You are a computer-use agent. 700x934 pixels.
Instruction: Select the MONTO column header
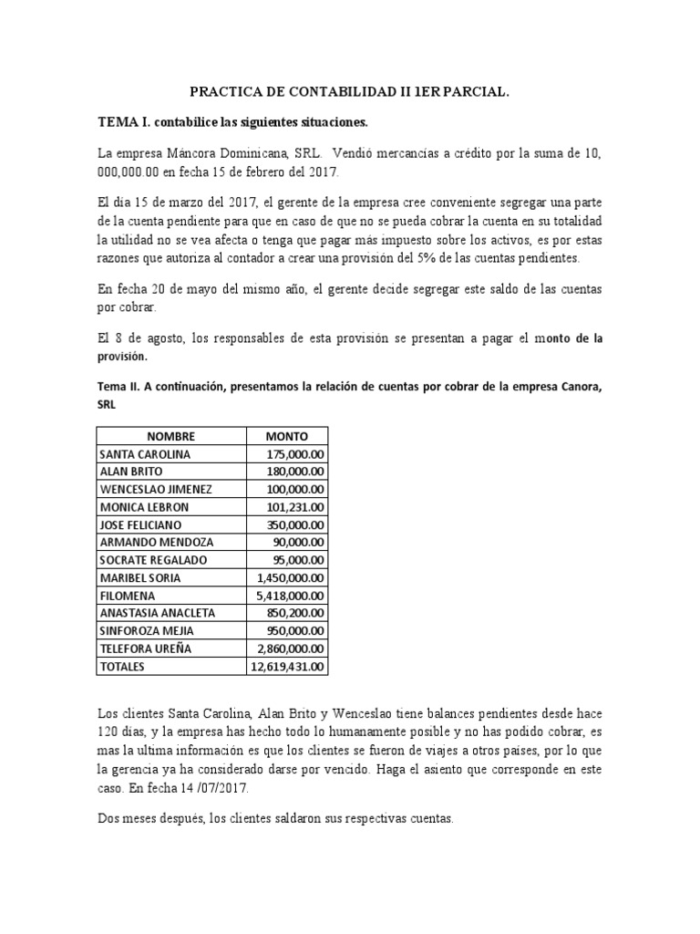tap(286, 436)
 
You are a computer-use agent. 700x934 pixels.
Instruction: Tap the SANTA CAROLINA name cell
tap(145, 453)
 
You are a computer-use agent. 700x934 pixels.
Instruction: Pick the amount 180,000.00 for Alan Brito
tap(294, 471)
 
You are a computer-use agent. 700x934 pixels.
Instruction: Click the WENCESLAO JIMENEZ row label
tap(155, 489)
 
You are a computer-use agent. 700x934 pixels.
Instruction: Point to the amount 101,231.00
tap(294, 506)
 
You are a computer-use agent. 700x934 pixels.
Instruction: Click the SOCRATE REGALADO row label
tap(153, 560)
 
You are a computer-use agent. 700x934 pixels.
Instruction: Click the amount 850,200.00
tap(294, 613)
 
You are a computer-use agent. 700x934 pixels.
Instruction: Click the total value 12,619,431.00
tap(287, 667)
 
